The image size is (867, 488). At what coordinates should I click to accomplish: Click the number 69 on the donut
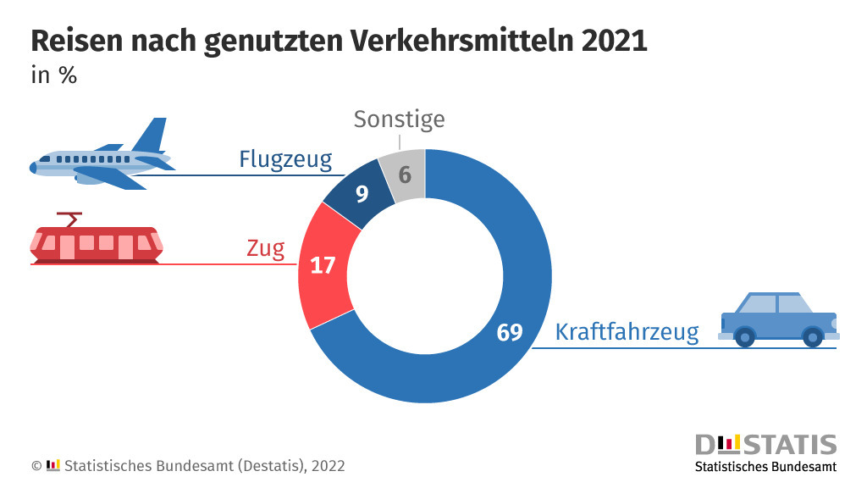tap(510, 332)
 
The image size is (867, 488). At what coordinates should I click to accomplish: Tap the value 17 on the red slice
tap(323, 265)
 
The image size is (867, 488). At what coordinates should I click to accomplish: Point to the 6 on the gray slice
tap(405, 175)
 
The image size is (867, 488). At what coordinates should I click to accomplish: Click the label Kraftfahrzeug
tap(627, 332)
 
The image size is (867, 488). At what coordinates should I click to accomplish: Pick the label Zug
tap(265, 249)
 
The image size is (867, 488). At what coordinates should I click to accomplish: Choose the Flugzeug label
tap(285, 158)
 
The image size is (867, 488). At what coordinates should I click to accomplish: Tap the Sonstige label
tap(399, 119)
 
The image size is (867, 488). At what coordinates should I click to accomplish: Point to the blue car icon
tap(777, 319)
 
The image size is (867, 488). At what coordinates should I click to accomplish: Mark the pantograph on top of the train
tap(69, 218)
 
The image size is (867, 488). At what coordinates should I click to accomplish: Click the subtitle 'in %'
tap(54, 75)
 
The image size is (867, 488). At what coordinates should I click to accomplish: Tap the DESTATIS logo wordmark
tap(765, 445)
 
